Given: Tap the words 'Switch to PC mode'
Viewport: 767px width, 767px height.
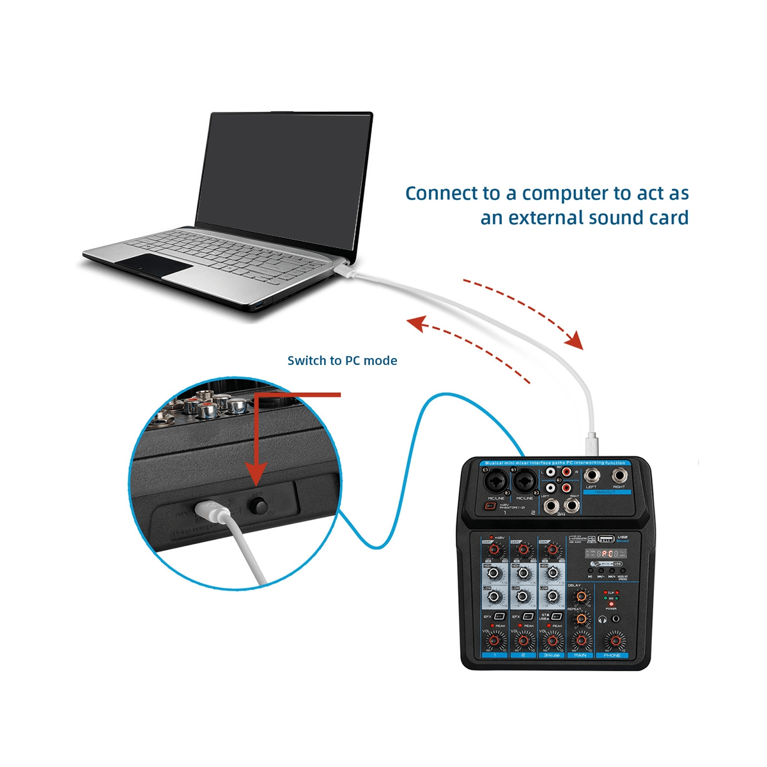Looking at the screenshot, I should (x=342, y=360).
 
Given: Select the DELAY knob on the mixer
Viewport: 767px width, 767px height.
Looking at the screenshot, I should (x=581, y=597).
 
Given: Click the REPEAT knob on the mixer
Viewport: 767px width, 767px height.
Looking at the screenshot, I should (x=581, y=619).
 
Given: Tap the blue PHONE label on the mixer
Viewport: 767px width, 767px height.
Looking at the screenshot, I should (x=612, y=655).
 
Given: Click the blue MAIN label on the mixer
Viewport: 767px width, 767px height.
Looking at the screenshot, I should (x=580, y=655).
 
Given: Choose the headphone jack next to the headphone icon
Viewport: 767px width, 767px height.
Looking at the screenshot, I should (x=616, y=619).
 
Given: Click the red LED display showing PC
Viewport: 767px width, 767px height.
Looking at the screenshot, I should (x=608, y=553).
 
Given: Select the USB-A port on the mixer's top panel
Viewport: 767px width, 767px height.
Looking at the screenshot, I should (x=606, y=538).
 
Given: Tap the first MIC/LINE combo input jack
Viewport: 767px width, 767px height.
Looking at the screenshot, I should (x=496, y=479).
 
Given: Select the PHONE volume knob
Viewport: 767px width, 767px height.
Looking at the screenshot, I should (x=615, y=639).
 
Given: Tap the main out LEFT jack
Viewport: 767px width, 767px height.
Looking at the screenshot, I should (x=591, y=475).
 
